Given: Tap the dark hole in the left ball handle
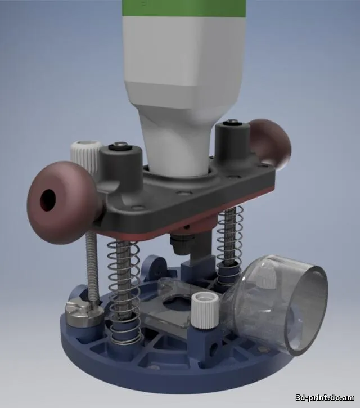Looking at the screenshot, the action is (48, 200).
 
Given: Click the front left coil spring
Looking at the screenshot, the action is (124, 292).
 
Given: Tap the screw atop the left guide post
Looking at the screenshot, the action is (120, 145).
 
